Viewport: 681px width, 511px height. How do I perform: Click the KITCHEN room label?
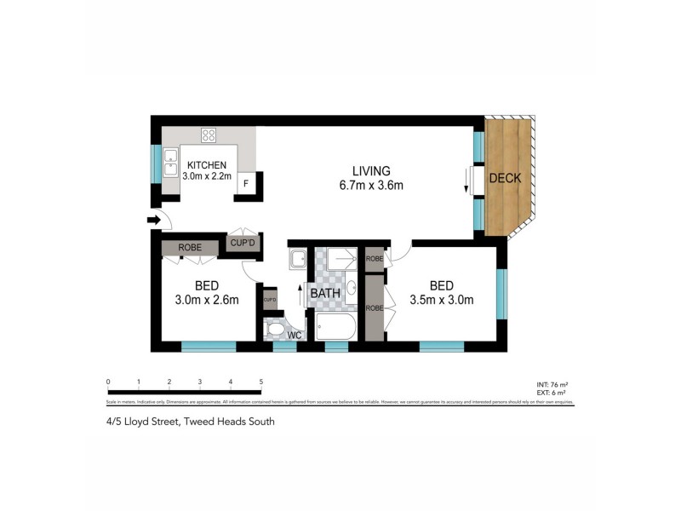pos(207,164)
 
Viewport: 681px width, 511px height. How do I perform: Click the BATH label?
pos(324,293)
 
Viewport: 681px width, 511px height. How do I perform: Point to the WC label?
pos(294,336)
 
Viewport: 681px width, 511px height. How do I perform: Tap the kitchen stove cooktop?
pos(209,135)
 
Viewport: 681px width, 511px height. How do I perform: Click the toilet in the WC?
pos(275,329)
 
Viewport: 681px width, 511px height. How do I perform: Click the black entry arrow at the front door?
pos(153,220)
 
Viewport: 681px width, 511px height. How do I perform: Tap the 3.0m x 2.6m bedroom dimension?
pos(206,299)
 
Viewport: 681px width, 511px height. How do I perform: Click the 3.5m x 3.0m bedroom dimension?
pos(441,299)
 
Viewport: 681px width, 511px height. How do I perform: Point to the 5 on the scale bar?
pos(261,382)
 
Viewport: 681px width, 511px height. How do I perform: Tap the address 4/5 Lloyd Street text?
pos(191,421)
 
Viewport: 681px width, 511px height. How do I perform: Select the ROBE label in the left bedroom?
pos(190,248)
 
